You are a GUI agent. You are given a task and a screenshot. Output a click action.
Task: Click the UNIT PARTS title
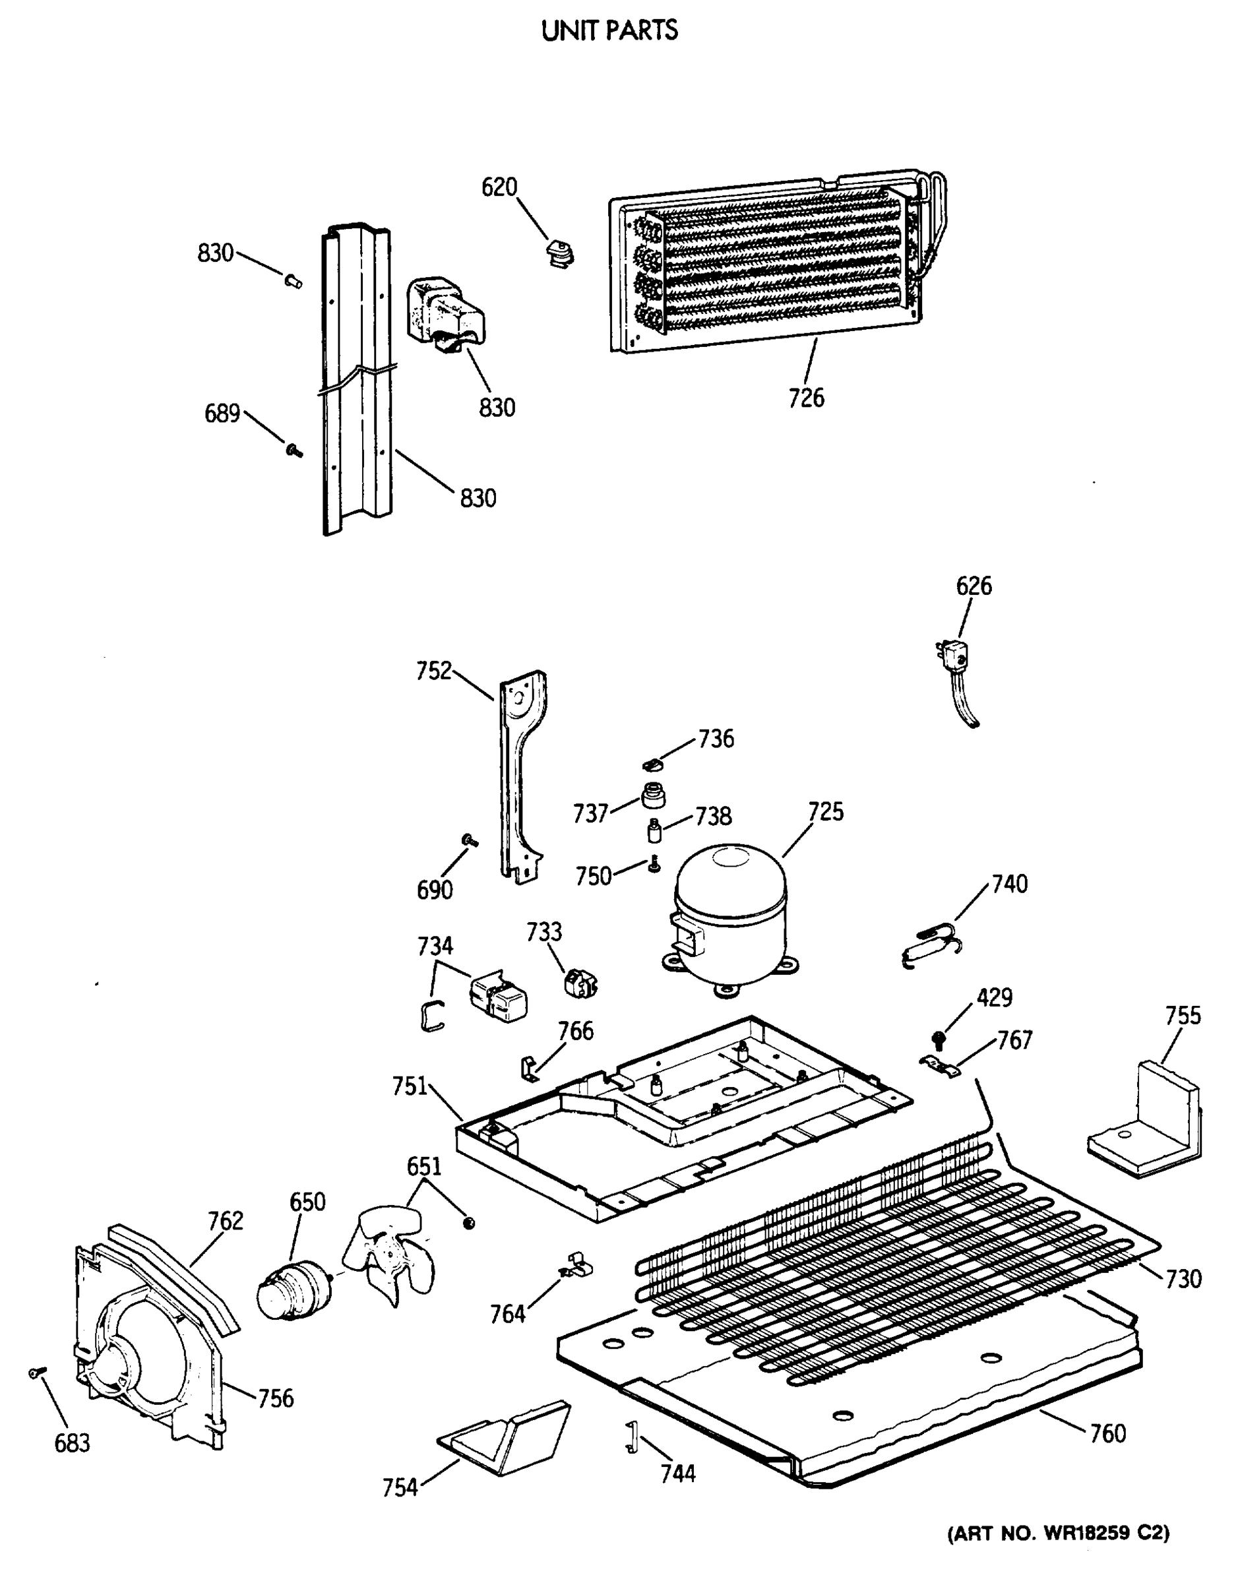click(609, 30)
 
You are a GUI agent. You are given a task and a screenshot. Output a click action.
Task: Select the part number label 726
click(806, 398)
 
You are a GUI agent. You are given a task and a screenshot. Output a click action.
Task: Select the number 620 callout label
click(499, 188)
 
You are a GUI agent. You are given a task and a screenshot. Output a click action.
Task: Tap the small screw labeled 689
click(294, 451)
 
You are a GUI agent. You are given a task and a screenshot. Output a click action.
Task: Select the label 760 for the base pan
click(1108, 1434)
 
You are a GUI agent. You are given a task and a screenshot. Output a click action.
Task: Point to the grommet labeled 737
click(653, 795)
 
